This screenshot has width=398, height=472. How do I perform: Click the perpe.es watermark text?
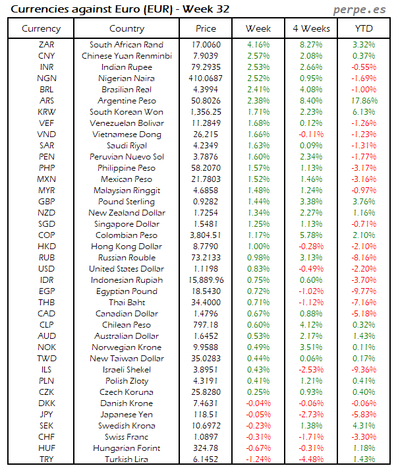pyautogui.click(x=360, y=9)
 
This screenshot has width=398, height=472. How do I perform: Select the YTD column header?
pyautogui.click(x=364, y=28)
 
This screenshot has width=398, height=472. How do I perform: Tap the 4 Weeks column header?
pyautogui.click(x=310, y=28)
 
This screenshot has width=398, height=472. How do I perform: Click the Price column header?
pyautogui.click(x=206, y=28)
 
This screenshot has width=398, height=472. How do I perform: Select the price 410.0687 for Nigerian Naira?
pyautogui.click(x=206, y=78)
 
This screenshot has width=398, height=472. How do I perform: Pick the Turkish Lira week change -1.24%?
pyautogui.click(x=258, y=459)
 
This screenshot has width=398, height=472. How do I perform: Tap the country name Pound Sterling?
pyautogui.click(x=127, y=202)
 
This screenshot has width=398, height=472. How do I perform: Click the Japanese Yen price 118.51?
pyautogui.click(x=206, y=414)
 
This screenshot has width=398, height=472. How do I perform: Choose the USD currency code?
pyautogui.click(x=47, y=268)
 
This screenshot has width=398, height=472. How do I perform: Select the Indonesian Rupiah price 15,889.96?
pyautogui.click(x=206, y=280)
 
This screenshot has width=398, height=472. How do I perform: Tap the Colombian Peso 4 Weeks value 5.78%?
pyautogui.click(x=310, y=235)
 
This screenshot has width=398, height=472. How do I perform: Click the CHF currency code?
pyautogui.click(x=47, y=436)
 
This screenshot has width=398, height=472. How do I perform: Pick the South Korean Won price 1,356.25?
pyautogui.click(x=206, y=112)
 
